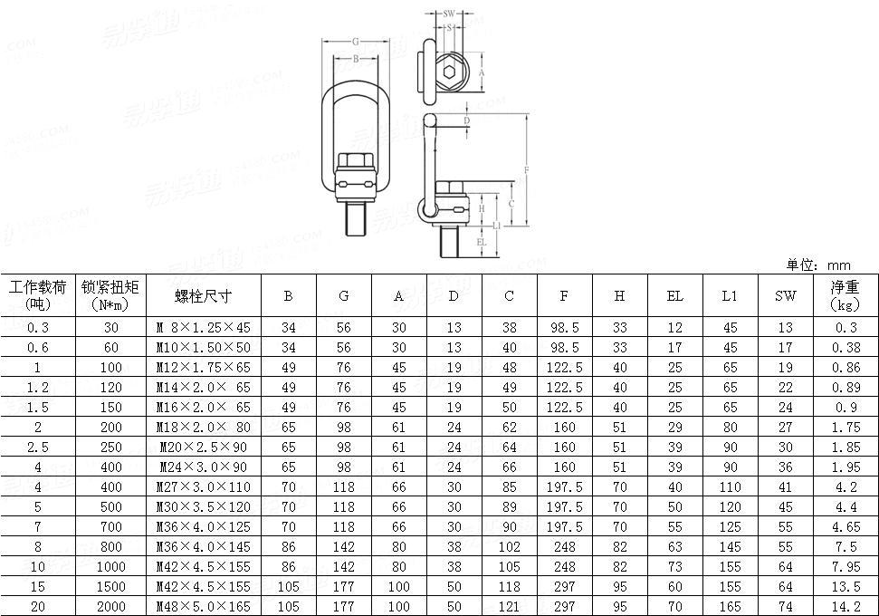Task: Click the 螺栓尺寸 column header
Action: (x=203, y=296)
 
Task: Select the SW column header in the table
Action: (x=785, y=296)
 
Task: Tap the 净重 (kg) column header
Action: (x=844, y=296)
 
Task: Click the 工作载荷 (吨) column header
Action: (x=38, y=296)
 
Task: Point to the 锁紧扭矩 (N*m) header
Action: (x=110, y=296)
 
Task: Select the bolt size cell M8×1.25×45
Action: (x=204, y=328)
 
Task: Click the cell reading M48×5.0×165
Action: (x=204, y=606)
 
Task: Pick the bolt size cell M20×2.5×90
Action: (x=204, y=447)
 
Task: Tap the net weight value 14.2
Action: (x=844, y=606)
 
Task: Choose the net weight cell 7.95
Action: (x=844, y=566)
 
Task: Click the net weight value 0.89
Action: (x=844, y=388)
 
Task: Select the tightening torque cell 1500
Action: (x=110, y=586)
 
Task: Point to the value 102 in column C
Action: (x=509, y=546)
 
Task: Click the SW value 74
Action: (x=785, y=606)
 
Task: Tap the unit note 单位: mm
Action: (x=818, y=265)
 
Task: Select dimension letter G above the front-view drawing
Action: (x=356, y=42)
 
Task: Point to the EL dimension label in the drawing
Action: (x=482, y=242)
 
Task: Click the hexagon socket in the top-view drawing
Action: (x=451, y=72)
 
